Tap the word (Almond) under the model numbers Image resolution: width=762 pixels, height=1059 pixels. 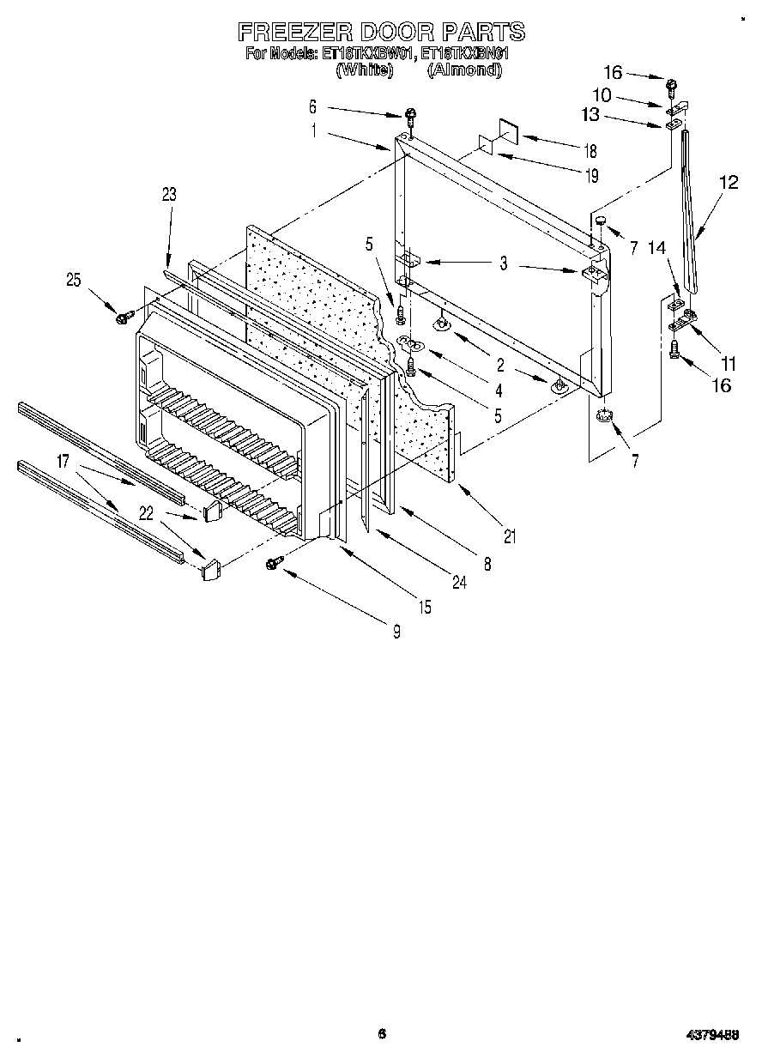pyautogui.click(x=463, y=70)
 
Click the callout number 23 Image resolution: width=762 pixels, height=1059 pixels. pyautogui.click(x=169, y=194)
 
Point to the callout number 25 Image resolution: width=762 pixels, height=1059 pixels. pyautogui.click(x=75, y=279)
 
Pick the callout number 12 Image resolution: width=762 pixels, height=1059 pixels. pyautogui.click(x=729, y=182)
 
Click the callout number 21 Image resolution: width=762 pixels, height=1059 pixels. pyautogui.click(x=511, y=537)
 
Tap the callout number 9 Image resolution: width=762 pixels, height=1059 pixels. pyautogui.click(x=396, y=633)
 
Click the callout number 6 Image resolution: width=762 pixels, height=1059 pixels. pyautogui.click(x=312, y=106)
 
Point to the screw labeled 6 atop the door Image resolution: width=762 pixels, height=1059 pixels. pyautogui.click(x=412, y=114)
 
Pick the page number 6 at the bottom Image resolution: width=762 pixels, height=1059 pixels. pyautogui.click(x=381, y=1034)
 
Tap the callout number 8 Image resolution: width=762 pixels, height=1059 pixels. pyautogui.click(x=487, y=565)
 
